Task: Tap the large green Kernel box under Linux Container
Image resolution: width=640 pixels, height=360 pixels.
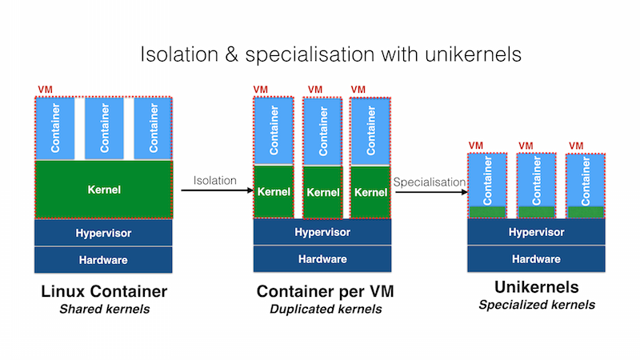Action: (x=104, y=190)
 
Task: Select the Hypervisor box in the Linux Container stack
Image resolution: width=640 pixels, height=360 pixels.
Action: (x=104, y=233)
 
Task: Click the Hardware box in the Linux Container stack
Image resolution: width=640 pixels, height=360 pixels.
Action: (x=104, y=259)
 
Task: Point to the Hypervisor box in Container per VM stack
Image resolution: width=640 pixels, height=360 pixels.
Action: (x=322, y=232)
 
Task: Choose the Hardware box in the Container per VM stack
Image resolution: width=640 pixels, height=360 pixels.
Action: (x=322, y=258)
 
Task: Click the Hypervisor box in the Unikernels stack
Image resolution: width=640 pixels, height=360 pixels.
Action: (x=536, y=232)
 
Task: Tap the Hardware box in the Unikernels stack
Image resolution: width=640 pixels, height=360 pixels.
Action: (x=536, y=258)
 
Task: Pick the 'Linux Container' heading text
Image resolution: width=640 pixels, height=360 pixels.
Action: (x=103, y=292)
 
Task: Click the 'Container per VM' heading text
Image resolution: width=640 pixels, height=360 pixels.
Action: (x=325, y=292)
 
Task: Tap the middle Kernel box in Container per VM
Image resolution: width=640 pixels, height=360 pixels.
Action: (x=323, y=193)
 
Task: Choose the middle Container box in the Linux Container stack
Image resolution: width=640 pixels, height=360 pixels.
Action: (x=104, y=127)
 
